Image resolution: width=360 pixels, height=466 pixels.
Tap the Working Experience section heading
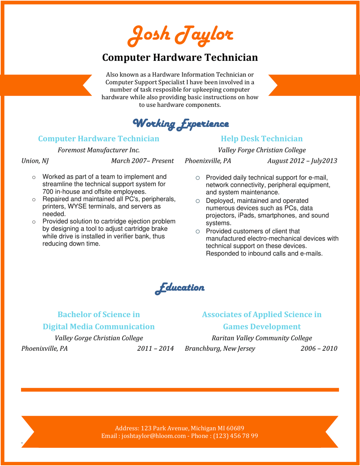pos(181,123)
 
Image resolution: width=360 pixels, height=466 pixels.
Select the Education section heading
pos(180,288)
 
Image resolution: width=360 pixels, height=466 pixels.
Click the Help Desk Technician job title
pos(262,139)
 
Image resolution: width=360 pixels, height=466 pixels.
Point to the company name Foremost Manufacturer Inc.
pos(99,150)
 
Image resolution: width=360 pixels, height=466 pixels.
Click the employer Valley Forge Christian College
pos(262,150)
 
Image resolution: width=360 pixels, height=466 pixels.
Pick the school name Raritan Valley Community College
pos(262,338)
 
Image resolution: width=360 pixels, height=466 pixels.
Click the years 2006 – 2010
pos(319,348)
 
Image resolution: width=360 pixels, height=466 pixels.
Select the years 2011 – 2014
pos(155,348)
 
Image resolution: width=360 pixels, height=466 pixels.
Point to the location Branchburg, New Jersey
pos(220,348)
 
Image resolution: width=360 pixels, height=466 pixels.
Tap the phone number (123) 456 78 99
pos(235,436)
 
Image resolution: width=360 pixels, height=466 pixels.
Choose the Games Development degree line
pos(262,327)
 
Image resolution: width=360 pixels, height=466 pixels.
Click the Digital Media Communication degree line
pos(99,327)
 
